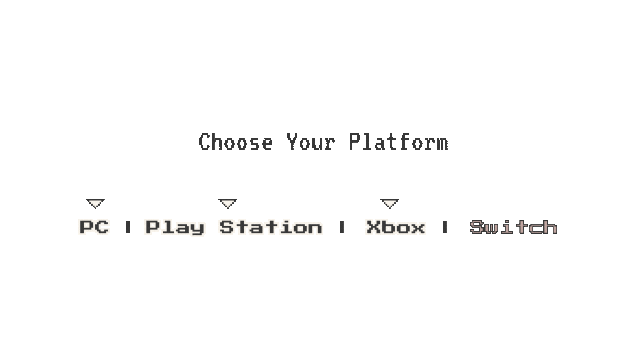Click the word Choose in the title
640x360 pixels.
(236, 143)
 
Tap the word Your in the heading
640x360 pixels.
(311, 143)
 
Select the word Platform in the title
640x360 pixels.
(398, 143)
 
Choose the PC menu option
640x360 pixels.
(94, 227)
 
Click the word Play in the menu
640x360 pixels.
(175, 228)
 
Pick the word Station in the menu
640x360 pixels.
(271, 228)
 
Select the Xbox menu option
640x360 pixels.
(396, 228)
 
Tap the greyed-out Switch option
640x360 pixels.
(514, 228)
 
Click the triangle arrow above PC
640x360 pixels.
(95, 203)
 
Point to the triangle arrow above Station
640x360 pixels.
(228, 203)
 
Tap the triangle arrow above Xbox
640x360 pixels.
(390, 203)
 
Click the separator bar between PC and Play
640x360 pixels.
(128, 228)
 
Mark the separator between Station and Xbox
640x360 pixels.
(342, 228)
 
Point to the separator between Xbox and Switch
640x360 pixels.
(445, 228)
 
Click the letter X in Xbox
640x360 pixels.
(373, 228)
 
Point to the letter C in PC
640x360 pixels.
(102, 227)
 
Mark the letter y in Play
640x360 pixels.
(198, 229)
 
